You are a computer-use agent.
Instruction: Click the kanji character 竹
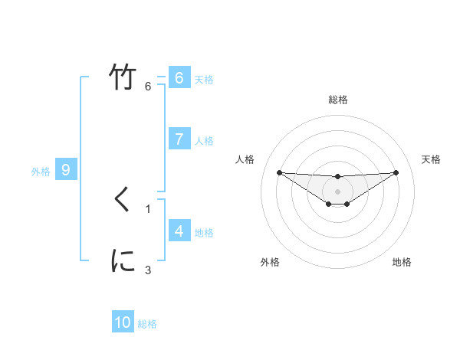click(123, 77)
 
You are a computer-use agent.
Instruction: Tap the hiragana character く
click(123, 200)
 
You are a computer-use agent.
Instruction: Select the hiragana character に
click(123, 261)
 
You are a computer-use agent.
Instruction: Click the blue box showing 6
click(179, 78)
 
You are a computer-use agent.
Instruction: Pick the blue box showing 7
click(179, 139)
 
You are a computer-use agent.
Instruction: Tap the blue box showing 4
click(179, 231)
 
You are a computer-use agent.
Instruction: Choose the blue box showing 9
click(66, 170)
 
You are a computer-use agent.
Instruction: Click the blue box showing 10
click(123, 322)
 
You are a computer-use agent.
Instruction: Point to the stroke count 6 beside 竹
click(148, 86)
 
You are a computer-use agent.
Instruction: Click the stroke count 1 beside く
click(148, 208)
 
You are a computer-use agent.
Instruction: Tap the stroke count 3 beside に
click(148, 270)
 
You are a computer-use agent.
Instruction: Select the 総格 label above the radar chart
click(338, 100)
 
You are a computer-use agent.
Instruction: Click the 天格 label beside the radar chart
click(432, 159)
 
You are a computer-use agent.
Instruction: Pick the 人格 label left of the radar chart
click(245, 159)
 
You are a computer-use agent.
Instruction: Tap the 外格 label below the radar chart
click(270, 262)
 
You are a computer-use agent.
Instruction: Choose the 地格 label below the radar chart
click(402, 262)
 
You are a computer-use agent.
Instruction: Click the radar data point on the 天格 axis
click(396, 172)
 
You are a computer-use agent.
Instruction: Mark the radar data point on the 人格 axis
click(279, 172)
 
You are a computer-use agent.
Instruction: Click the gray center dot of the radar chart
click(338, 191)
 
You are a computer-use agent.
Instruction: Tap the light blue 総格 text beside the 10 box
click(147, 324)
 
